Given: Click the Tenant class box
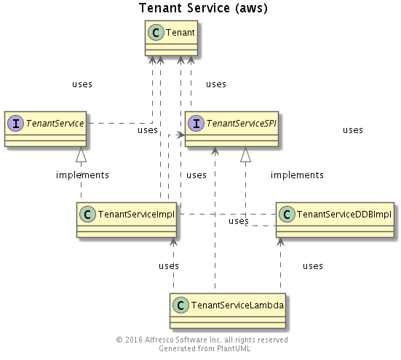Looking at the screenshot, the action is (171, 38).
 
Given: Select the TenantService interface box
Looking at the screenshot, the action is (45, 129).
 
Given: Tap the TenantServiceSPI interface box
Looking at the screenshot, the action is (231, 129).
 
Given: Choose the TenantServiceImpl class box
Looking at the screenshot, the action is (127, 220).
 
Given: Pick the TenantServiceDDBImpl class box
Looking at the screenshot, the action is (335, 220).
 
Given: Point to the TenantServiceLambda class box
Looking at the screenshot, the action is (228, 311).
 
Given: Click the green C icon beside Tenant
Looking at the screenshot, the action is (156, 33).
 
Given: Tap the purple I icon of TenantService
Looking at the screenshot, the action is (15, 124).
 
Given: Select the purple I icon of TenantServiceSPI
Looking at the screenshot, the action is (196, 124).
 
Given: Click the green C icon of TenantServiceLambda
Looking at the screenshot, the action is (180, 305).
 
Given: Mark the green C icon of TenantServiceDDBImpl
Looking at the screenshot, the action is (287, 215).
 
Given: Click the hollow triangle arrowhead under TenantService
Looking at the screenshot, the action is (81, 154).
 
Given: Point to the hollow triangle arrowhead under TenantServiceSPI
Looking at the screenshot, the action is (245, 154).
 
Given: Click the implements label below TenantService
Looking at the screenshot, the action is (82, 175).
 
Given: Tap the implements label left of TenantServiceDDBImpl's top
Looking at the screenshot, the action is (297, 175).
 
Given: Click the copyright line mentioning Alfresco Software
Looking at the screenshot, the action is (202, 340).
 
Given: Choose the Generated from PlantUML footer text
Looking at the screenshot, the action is (205, 348).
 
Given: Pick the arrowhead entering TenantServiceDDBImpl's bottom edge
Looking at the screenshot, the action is (280, 241).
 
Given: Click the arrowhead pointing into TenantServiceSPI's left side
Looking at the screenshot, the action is (180, 135).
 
